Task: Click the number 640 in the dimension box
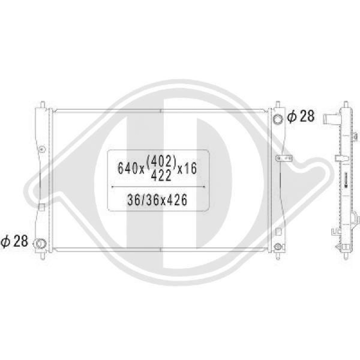[127, 168]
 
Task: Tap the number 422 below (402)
[161, 175]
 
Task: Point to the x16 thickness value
[187, 168]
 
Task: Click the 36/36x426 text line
[157, 200]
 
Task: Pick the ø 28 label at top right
[300, 116]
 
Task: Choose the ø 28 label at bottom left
[14, 241]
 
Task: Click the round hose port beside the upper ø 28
[278, 119]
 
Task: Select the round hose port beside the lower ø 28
[40, 243]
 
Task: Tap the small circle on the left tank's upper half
[42, 149]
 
